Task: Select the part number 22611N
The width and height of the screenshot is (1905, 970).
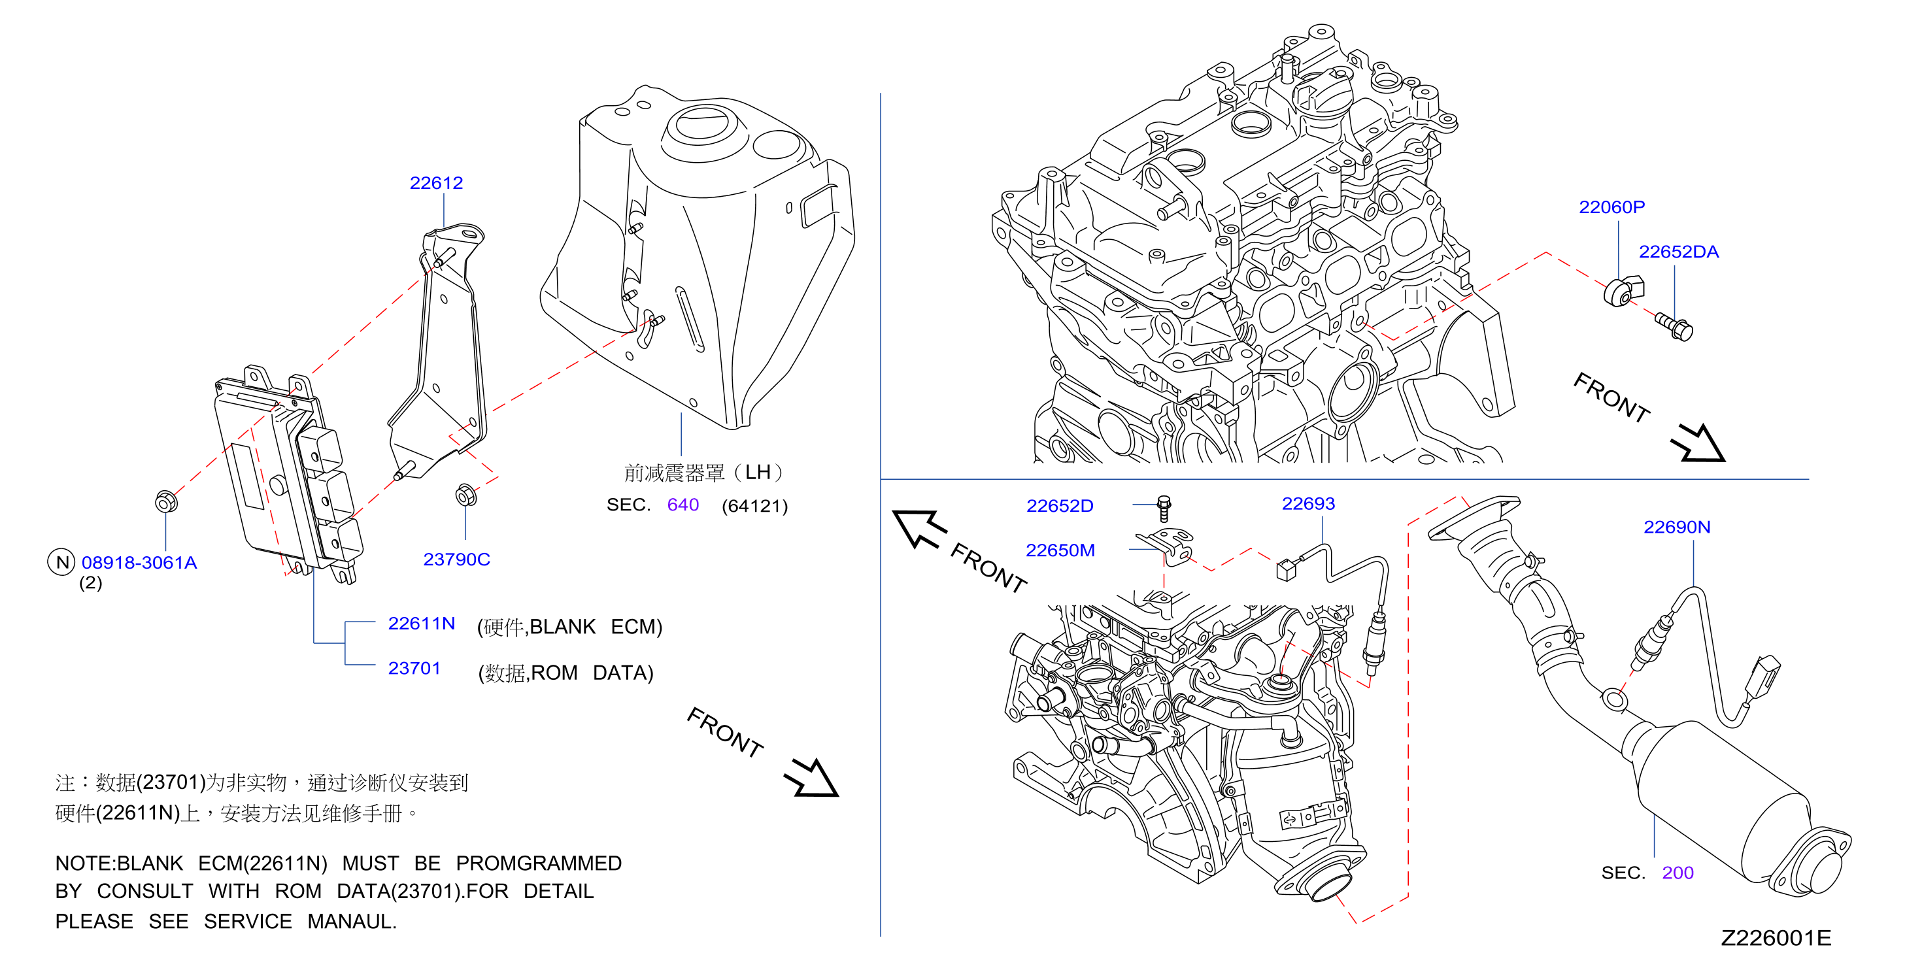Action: [x=422, y=624]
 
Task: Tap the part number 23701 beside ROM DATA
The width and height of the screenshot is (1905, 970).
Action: [x=414, y=669]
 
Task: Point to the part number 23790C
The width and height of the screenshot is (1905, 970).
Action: [x=456, y=559]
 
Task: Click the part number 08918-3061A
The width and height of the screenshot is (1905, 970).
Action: [x=139, y=563]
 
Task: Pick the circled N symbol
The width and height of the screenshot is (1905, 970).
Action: [x=62, y=562]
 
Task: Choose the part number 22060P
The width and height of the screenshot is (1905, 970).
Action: [x=1612, y=207]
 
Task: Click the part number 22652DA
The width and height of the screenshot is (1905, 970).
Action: [x=1679, y=252]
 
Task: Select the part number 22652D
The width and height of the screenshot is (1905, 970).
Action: [x=1060, y=506]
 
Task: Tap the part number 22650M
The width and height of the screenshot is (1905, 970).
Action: [x=1060, y=550]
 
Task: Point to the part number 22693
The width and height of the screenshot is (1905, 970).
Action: [x=1308, y=503]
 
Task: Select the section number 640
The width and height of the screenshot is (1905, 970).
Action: [x=683, y=505]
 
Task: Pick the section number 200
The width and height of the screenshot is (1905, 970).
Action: [x=1678, y=873]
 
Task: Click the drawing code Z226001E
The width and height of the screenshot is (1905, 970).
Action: [x=1776, y=938]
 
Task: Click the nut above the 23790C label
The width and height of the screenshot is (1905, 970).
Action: [x=466, y=495]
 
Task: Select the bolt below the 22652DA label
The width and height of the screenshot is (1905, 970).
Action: [x=1674, y=327]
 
